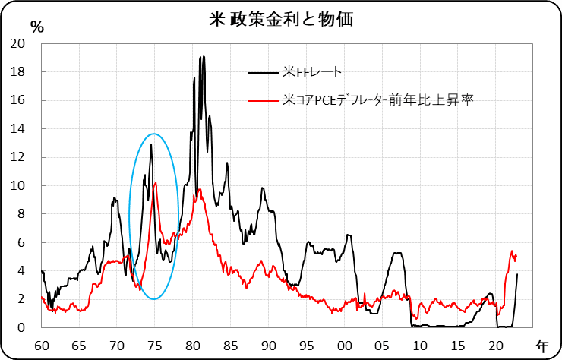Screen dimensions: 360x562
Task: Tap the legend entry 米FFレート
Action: tap(311, 73)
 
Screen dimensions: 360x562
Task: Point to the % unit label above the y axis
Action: tap(37, 24)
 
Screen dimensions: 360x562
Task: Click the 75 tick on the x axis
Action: tap(154, 343)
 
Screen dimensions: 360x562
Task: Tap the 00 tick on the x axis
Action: tap(344, 343)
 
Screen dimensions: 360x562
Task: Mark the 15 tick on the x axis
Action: tap(458, 343)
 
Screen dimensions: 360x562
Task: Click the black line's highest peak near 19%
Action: tap(201, 57)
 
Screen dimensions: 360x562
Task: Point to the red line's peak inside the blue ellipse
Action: tap(156, 182)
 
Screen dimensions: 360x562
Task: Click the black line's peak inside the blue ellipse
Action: tap(151, 144)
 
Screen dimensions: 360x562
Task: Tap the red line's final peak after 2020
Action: tap(512, 251)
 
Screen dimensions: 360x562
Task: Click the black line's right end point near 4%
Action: tap(517, 274)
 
